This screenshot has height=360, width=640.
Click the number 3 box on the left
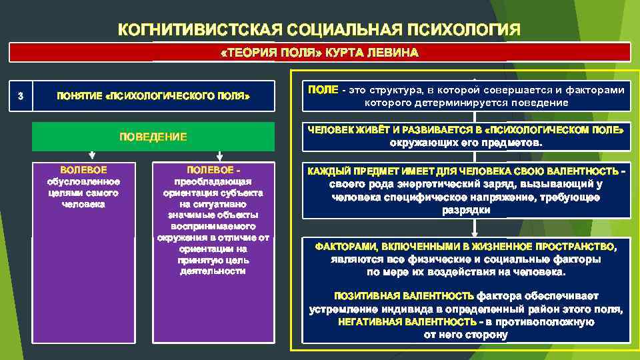21,96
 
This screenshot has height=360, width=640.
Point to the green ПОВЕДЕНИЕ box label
153,137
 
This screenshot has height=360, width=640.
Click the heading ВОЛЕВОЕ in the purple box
83,170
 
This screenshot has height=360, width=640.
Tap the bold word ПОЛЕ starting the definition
323,90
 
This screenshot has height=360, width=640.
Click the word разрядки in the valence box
466,210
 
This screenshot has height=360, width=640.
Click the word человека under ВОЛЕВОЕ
83,204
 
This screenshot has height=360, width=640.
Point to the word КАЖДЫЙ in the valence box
328,172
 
